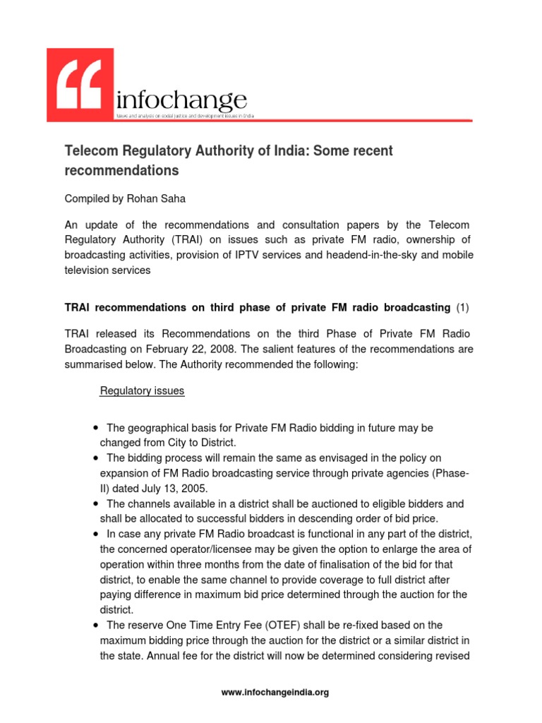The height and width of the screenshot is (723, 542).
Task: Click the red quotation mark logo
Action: point(80,85)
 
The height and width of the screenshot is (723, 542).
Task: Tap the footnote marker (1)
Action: point(462,307)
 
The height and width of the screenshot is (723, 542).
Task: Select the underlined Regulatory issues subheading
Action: point(143,390)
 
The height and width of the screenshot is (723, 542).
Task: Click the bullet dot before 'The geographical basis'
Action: point(95,429)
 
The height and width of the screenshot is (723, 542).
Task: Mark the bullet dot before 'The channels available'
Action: point(95,504)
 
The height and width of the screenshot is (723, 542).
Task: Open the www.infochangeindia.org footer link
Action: point(275,693)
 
